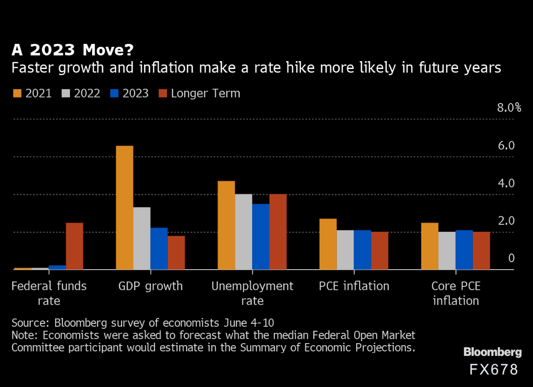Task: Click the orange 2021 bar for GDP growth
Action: click(124, 208)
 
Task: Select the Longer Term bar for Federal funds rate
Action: click(74, 246)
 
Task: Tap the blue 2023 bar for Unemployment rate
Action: click(261, 237)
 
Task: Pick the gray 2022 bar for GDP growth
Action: click(141, 238)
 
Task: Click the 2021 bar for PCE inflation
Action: click(328, 244)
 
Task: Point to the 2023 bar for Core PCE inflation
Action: click(464, 250)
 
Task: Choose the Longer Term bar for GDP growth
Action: click(176, 252)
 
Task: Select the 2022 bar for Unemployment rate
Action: click(243, 232)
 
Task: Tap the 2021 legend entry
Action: click(32, 93)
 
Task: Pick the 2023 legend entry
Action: click(129, 93)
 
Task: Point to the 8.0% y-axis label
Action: click(509, 108)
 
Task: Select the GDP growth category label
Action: click(151, 286)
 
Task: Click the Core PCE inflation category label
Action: click(456, 293)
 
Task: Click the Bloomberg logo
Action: click(492, 352)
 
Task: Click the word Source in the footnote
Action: click(30, 323)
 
